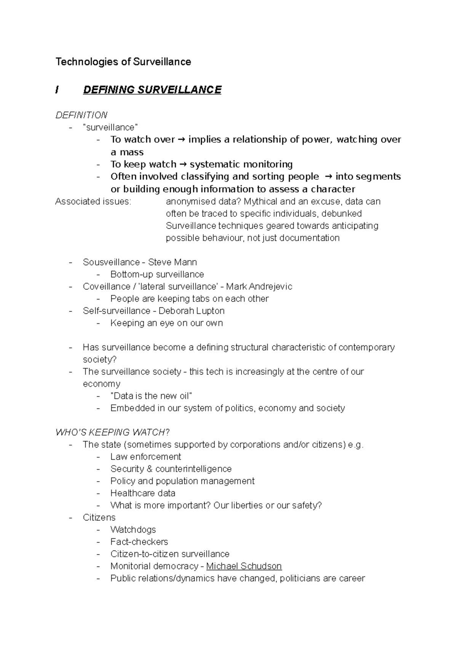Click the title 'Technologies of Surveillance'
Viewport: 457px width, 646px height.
[x=123, y=62]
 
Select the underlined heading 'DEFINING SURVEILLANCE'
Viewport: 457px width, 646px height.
[x=152, y=90]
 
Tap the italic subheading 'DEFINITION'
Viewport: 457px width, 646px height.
[x=81, y=115]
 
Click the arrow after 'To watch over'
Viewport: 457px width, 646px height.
[x=181, y=140]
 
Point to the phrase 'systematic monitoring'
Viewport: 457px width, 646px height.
[x=241, y=164]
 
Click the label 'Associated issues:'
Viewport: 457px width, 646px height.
[x=93, y=201]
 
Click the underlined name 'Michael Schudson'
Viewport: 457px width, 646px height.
[x=244, y=566]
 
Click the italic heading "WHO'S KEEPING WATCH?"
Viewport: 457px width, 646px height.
[x=112, y=432]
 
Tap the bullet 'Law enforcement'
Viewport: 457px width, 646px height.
[x=145, y=457]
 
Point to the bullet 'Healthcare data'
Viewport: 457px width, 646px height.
[x=143, y=493]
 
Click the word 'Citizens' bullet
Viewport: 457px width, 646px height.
[x=99, y=517]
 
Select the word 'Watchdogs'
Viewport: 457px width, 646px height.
[x=133, y=530]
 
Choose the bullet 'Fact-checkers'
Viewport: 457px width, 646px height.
[x=139, y=542]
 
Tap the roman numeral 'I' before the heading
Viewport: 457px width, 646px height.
[x=57, y=90]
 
